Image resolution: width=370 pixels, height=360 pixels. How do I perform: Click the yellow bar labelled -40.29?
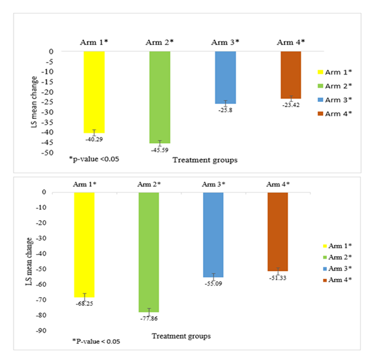(94, 91)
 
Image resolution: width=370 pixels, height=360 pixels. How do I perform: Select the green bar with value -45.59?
(159, 97)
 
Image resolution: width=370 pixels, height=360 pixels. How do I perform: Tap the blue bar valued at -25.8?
(225, 77)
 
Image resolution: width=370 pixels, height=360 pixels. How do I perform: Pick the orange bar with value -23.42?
(290, 74)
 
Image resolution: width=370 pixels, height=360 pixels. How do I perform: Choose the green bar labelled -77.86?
(149, 252)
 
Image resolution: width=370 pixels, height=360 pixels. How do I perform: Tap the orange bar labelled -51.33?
(277, 231)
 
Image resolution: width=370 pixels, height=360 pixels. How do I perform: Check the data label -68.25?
(84, 304)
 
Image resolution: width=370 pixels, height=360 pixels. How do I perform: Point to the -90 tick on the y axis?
(52, 331)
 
